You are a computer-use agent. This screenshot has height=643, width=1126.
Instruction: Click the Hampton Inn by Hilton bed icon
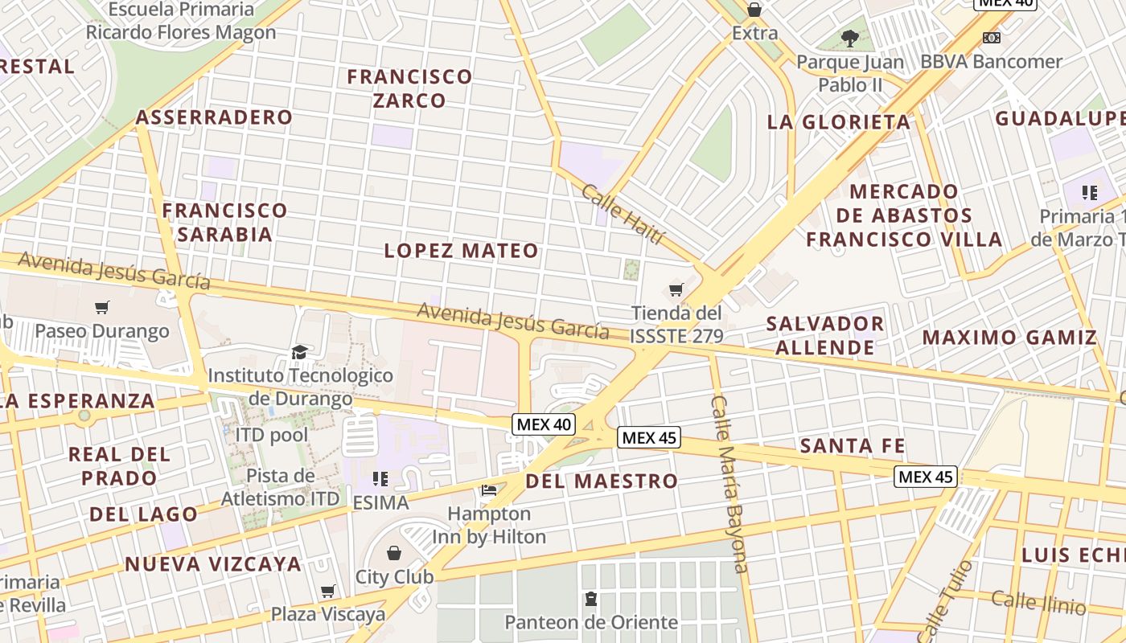488,489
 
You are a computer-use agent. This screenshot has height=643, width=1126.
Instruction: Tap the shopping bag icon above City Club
394,553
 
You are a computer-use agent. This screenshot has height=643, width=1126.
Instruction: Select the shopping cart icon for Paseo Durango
102,307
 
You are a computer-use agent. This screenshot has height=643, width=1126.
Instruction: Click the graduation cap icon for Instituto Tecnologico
299,352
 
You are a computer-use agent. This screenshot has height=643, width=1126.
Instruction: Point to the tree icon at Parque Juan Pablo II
849,38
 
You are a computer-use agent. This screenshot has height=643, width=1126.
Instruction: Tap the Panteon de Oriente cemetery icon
591,599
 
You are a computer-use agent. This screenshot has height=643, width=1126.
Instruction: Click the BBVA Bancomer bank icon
992,38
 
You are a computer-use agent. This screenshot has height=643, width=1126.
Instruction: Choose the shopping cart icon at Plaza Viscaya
327,592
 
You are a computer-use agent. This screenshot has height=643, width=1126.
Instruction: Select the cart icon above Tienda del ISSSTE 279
676,289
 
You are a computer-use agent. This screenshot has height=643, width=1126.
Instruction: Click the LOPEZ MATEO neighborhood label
461,251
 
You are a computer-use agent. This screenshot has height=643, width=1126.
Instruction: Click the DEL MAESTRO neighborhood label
602,481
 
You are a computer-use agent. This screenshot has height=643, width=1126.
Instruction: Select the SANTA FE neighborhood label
853,446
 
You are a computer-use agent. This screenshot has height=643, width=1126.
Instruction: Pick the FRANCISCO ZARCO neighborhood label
409,88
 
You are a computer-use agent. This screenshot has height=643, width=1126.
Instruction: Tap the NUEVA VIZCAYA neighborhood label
213,564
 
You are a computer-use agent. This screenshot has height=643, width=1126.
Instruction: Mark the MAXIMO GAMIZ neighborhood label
1009,338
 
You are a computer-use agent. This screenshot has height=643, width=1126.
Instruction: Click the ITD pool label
271,435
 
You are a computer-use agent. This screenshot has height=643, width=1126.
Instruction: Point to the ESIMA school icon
380,480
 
